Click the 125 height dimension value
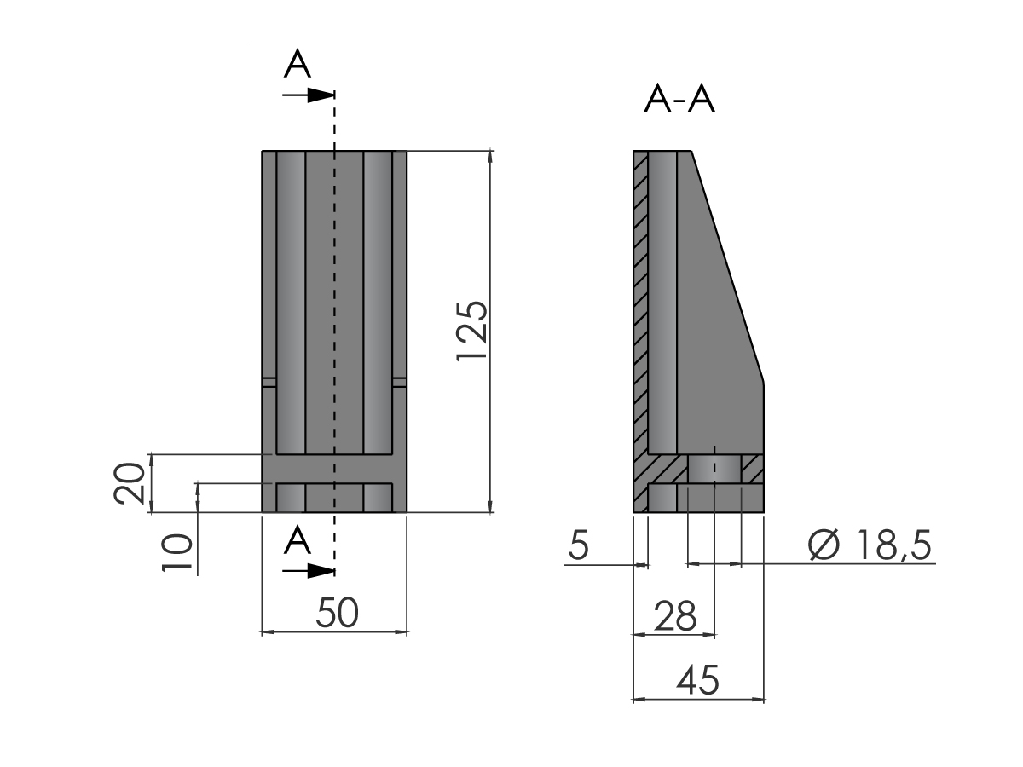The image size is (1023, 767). [472, 332]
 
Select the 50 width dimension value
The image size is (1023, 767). [337, 614]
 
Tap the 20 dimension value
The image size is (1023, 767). [129, 483]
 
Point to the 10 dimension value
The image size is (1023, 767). [176, 552]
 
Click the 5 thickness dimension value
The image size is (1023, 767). [579, 545]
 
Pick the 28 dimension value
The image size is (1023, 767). [675, 615]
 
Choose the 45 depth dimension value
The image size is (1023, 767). [697, 680]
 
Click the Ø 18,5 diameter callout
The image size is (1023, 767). [870, 545]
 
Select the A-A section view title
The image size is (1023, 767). [679, 99]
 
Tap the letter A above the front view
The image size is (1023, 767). [298, 63]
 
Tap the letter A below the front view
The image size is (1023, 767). [298, 540]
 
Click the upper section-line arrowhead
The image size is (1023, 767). [321, 95]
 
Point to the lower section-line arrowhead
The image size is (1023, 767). [321, 571]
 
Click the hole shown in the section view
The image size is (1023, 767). [714, 469]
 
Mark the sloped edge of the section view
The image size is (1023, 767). [727, 267]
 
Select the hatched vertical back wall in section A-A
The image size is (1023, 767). [640, 332]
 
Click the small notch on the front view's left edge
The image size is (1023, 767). [269, 382]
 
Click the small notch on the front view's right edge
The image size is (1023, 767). [400, 382]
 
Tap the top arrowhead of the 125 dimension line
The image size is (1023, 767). [490, 157]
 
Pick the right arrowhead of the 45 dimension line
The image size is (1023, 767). [758, 699]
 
